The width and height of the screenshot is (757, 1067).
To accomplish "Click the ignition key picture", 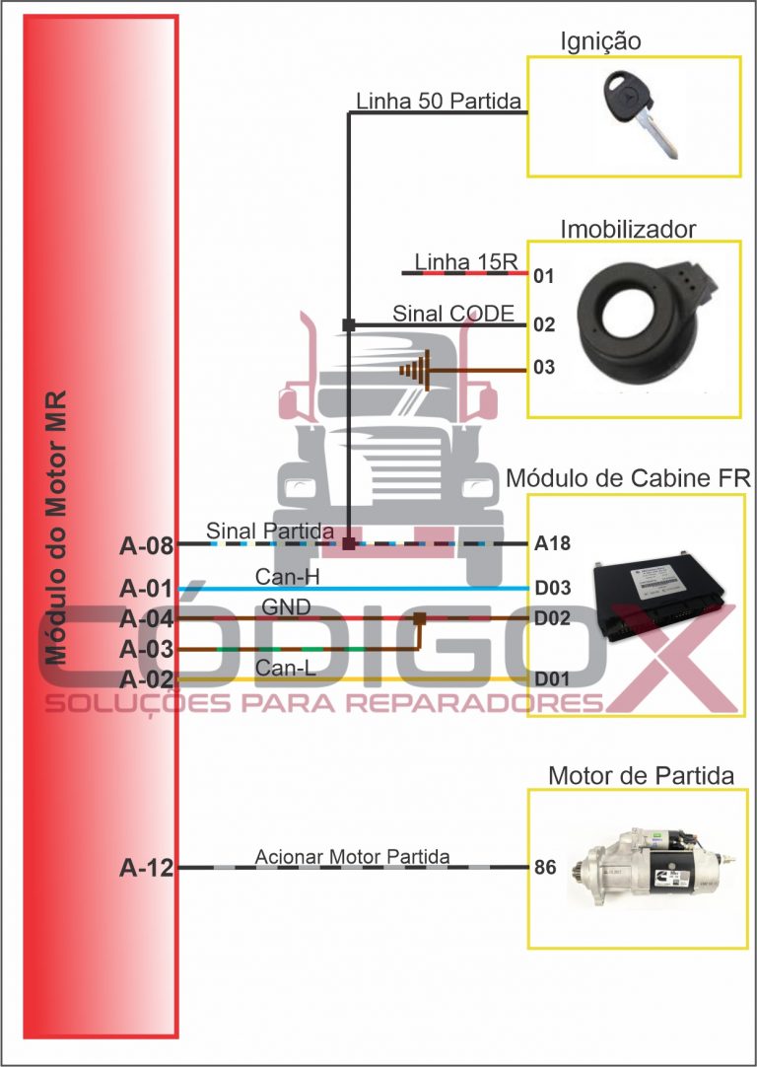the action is click(641, 114).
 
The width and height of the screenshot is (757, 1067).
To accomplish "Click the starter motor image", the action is click(651, 869).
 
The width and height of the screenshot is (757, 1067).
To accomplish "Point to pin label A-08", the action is click(146, 545).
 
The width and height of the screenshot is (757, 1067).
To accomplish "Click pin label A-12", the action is click(146, 869).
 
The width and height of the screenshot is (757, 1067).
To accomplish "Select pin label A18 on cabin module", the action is click(552, 543).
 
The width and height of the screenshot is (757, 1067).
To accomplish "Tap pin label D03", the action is click(552, 588).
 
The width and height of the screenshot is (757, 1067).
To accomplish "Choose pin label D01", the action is click(552, 679).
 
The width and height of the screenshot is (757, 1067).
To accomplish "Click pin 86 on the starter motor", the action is click(545, 868).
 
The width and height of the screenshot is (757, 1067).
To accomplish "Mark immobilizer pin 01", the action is click(544, 276).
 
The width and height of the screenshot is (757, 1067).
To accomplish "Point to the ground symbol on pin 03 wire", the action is click(416, 370).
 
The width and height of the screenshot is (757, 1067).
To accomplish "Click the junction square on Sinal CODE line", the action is click(349, 325).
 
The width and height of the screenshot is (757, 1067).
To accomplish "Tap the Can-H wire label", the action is click(287, 577).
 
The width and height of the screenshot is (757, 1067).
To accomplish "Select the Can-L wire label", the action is click(286, 669).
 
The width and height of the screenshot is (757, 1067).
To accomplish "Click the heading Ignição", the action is click(600, 41).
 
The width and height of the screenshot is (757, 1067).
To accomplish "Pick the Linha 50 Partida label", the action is click(439, 102).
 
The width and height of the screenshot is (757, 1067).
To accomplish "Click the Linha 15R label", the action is click(466, 261).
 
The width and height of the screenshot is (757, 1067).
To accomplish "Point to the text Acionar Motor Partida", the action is click(352, 857).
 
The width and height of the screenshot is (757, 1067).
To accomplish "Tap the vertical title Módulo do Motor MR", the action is click(56, 528).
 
